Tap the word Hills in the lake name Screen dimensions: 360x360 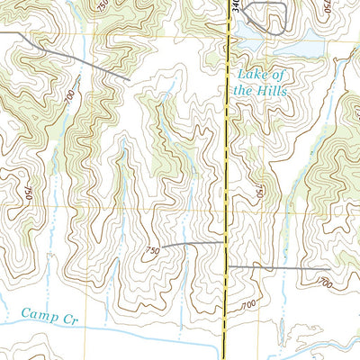[271, 90]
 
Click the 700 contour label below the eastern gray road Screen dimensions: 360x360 [323, 283]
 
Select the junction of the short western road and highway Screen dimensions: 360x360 [223, 242]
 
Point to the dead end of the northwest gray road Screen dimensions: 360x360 [129, 80]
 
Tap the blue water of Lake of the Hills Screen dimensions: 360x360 [297, 45]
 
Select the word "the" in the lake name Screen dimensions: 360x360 [245, 90]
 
